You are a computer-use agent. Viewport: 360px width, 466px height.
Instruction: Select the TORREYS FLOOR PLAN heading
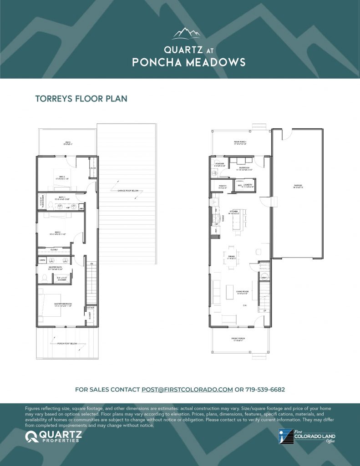point(81,98)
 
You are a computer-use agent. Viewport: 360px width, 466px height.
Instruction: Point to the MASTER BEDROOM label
point(61,304)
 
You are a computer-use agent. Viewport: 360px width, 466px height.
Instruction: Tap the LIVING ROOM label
point(242,292)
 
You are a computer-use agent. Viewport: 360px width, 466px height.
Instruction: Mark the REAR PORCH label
point(240,142)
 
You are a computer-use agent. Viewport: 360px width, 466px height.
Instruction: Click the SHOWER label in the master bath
point(62,279)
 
